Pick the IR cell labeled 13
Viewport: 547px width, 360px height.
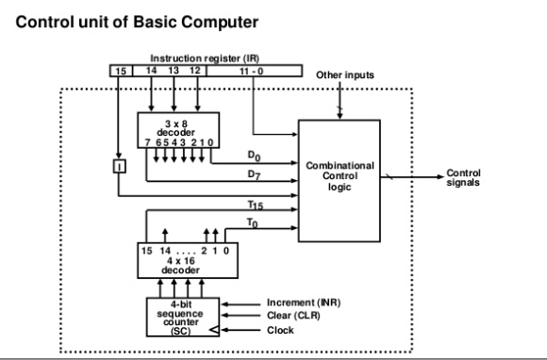click(x=174, y=69)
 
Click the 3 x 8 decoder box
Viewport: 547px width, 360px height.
click(x=174, y=131)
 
